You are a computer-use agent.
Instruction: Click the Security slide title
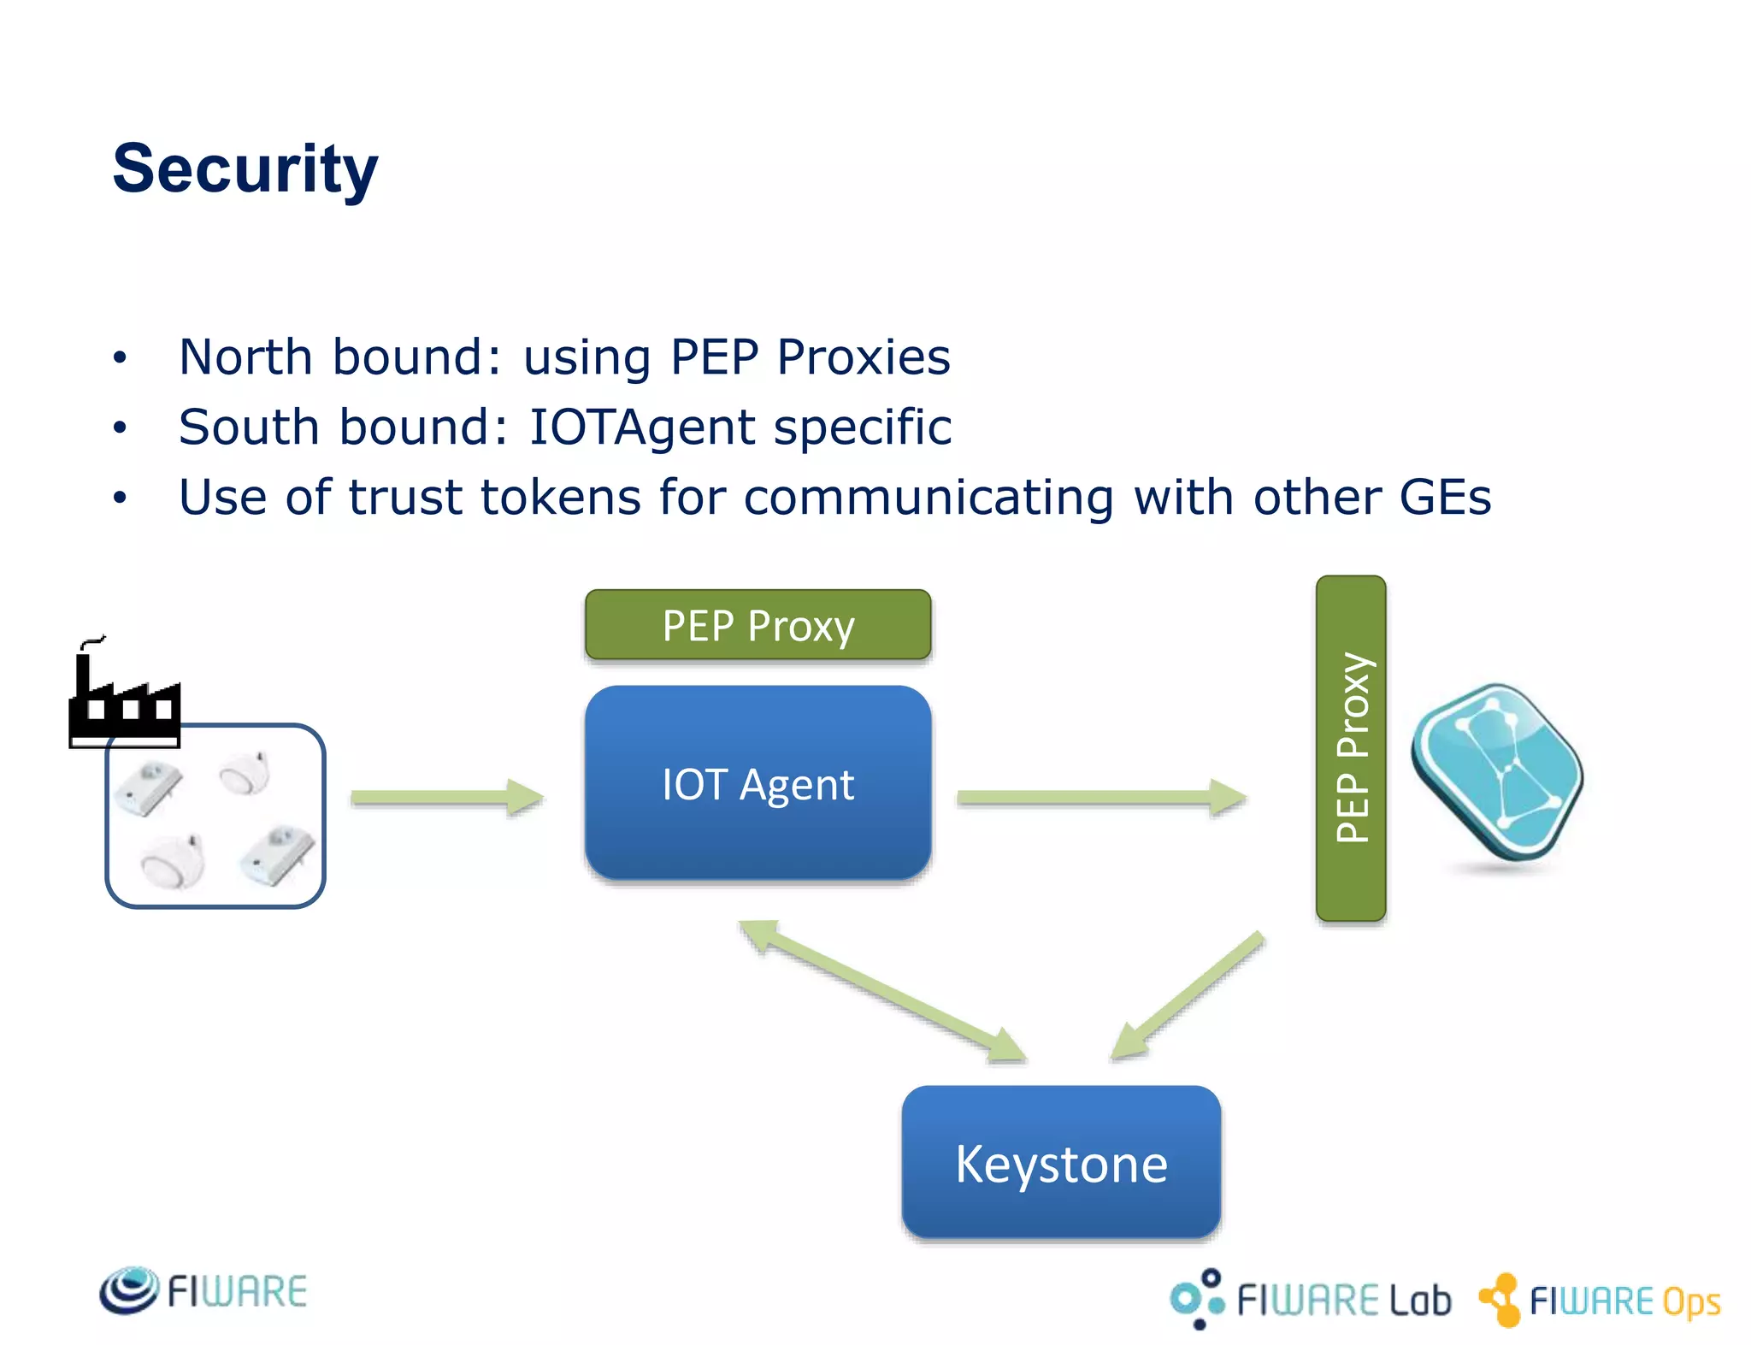245,168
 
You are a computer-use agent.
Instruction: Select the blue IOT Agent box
758,783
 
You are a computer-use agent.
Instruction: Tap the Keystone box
1060,1163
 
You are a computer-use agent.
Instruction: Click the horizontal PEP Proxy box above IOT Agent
758,625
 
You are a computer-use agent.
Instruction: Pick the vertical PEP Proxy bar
1351,748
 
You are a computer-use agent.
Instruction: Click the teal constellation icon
1497,772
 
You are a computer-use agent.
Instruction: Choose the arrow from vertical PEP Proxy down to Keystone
1188,995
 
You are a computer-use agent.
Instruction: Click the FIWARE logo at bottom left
203,1290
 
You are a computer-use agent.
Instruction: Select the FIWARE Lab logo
1310,1299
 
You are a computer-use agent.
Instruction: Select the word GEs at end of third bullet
1445,497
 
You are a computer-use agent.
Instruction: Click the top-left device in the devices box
150,788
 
